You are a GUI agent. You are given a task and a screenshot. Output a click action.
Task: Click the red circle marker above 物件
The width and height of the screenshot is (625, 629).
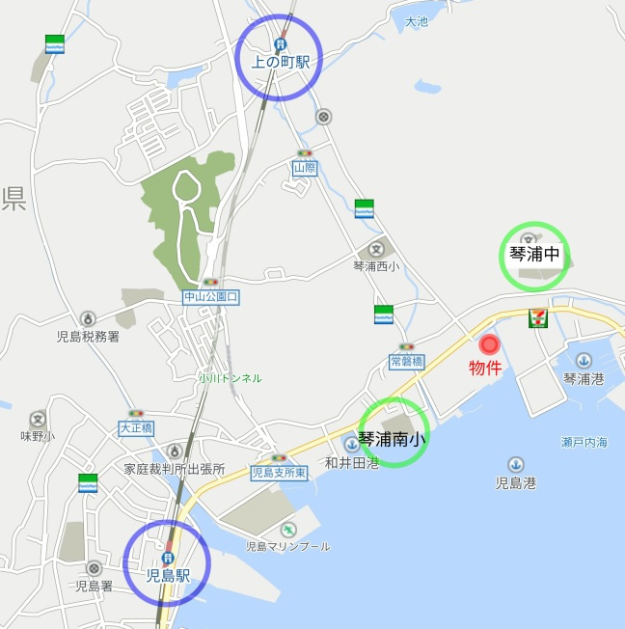[x=489, y=344]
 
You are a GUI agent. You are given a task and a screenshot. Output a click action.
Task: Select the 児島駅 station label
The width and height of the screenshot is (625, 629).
[x=167, y=576]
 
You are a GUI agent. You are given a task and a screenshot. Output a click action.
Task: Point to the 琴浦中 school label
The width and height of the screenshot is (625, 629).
[x=533, y=256]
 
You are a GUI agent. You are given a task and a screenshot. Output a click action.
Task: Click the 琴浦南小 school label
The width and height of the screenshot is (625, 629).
[x=393, y=439]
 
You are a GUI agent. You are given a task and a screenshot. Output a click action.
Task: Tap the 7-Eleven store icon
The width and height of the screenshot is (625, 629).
[x=536, y=319]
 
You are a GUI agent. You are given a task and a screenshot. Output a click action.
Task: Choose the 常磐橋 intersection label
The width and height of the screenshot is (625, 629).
[x=407, y=362]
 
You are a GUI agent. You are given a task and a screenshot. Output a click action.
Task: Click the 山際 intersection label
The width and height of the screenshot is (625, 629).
[x=305, y=168]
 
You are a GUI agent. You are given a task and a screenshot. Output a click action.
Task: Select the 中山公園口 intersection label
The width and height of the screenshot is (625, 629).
[x=210, y=298]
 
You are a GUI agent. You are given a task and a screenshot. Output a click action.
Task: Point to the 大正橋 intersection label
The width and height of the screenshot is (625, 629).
[x=136, y=426]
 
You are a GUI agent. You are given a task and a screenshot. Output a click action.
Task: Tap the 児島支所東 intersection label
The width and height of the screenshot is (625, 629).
[x=279, y=473]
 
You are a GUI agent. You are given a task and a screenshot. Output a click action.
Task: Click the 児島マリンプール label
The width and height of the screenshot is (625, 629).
[x=287, y=546]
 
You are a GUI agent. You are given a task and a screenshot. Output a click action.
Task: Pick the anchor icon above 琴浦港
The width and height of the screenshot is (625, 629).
[x=583, y=361]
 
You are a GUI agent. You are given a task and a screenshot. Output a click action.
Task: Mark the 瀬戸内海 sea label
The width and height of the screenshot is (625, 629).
[x=584, y=442]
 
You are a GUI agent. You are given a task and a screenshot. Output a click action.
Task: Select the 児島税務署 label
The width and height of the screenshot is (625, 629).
[x=88, y=337]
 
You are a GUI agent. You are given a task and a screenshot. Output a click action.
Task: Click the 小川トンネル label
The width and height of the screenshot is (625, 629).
[x=230, y=378]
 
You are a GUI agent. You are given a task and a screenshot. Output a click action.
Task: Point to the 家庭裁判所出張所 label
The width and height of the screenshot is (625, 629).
[x=174, y=469]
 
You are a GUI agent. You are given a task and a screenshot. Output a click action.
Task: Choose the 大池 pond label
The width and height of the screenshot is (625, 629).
[x=416, y=21]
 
